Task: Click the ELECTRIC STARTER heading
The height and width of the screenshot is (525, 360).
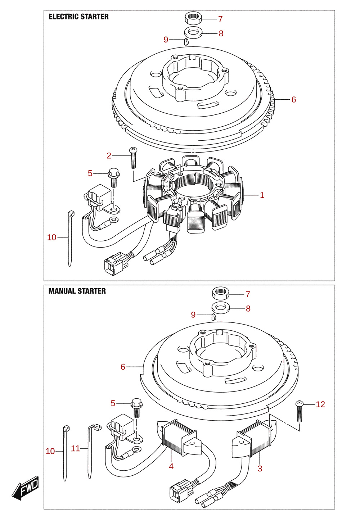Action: click(78, 17)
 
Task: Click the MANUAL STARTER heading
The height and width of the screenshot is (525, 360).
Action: click(77, 291)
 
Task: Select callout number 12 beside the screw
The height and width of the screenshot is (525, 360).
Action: click(320, 404)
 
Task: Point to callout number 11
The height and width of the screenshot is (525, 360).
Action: click(76, 449)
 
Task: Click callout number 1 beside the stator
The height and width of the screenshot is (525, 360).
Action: click(262, 195)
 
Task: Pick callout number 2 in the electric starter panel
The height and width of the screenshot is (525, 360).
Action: click(109, 155)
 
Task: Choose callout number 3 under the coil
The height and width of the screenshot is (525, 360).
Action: click(260, 469)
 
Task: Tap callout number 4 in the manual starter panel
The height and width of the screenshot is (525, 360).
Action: click(171, 466)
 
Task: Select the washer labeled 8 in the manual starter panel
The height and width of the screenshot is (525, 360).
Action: click(221, 309)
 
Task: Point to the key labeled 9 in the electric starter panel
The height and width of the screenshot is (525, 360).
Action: click(186, 42)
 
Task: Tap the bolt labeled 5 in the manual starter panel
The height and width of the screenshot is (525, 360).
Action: click(137, 408)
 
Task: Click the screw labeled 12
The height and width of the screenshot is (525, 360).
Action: click(300, 411)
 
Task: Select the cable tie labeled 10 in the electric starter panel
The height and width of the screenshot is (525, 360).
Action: click(70, 238)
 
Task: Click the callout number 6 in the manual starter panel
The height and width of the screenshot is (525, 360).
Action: click(123, 367)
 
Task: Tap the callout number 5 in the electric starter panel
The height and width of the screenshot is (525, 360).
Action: click(90, 173)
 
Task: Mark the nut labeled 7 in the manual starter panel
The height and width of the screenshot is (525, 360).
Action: click(221, 294)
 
